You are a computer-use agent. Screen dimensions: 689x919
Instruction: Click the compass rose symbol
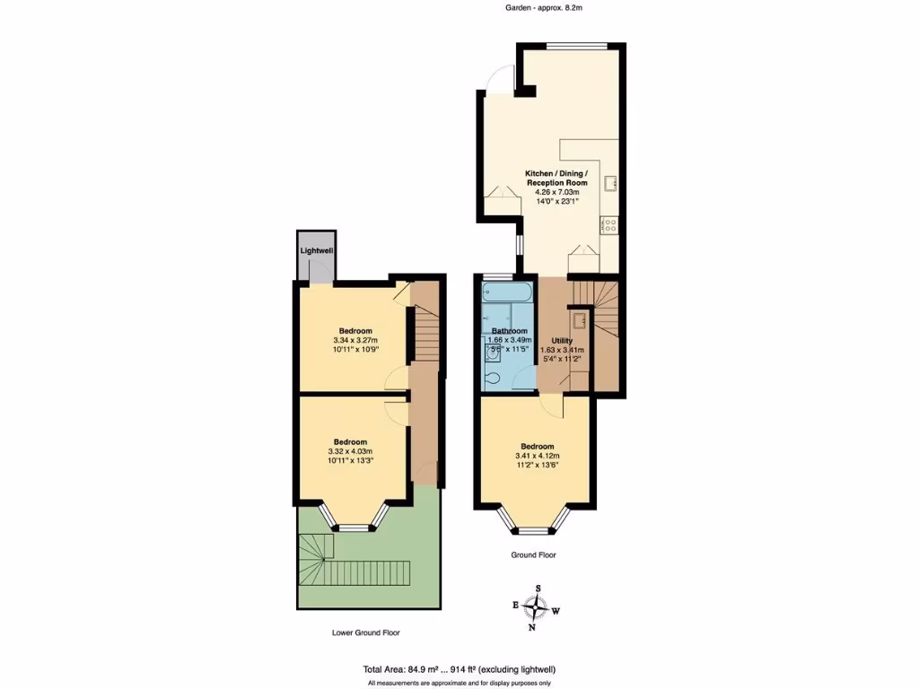pyautogui.click(x=535, y=607)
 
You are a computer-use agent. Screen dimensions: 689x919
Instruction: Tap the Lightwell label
pyautogui.click(x=317, y=250)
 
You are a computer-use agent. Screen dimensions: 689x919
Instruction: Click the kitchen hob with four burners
pyautogui.click(x=611, y=225)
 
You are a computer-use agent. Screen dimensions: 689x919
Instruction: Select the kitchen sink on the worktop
pyautogui.click(x=610, y=184)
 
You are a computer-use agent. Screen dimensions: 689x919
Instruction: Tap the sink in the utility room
pyautogui.click(x=580, y=320)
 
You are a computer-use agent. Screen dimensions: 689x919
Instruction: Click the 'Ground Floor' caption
pyautogui.click(x=534, y=555)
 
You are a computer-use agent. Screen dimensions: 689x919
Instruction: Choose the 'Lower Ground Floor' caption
pyautogui.click(x=365, y=632)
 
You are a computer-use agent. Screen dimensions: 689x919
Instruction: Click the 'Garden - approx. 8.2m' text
pyautogui.click(x=538, y=7)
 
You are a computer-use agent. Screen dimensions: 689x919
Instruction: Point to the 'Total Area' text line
pyautogui.click(x=459, y=669)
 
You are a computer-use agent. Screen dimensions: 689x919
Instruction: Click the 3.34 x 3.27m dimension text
pyautogui.click(x=355, y=340)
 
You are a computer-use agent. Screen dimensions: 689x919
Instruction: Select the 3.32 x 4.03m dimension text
pyautogui.click(x=350, y=451)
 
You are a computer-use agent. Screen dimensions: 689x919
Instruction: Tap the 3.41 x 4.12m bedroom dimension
pyautogui.click(x=537, y=457)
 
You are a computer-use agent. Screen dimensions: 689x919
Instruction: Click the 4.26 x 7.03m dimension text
pyautogui.click(x=557, y=192)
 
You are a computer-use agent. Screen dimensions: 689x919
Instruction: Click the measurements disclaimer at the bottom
pyautogui.click(x=459, y=683)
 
